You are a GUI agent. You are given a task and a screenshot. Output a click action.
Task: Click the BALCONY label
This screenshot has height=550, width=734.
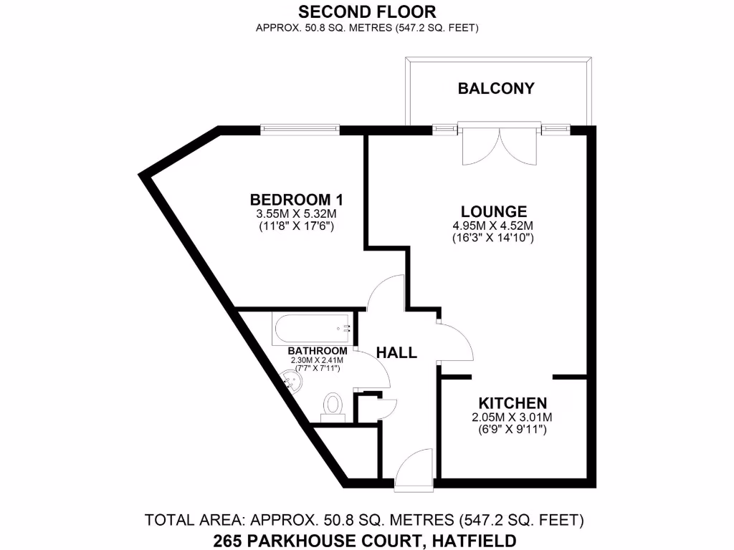point(496,89)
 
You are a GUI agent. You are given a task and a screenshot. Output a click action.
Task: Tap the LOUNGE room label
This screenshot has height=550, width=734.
point(494,211)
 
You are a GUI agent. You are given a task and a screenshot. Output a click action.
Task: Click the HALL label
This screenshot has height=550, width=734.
point(397,352)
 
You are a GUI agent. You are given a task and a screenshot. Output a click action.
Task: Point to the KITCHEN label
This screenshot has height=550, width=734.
point(513,403)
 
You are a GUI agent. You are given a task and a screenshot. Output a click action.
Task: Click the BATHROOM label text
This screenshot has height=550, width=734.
point(318,351)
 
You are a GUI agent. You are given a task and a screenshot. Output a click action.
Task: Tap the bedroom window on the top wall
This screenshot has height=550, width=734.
point(300,129)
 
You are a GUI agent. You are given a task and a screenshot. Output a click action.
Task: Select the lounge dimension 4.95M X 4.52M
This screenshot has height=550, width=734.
point(494,226)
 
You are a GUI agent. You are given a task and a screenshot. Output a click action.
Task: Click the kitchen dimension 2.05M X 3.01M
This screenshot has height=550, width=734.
point(513,418)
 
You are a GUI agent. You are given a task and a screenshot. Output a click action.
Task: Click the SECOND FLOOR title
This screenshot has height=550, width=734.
point(366,11)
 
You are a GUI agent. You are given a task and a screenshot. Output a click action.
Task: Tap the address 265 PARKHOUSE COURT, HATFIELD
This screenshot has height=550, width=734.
point(366,539)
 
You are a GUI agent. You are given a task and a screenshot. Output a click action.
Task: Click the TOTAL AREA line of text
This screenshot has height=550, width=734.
point(366,520)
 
